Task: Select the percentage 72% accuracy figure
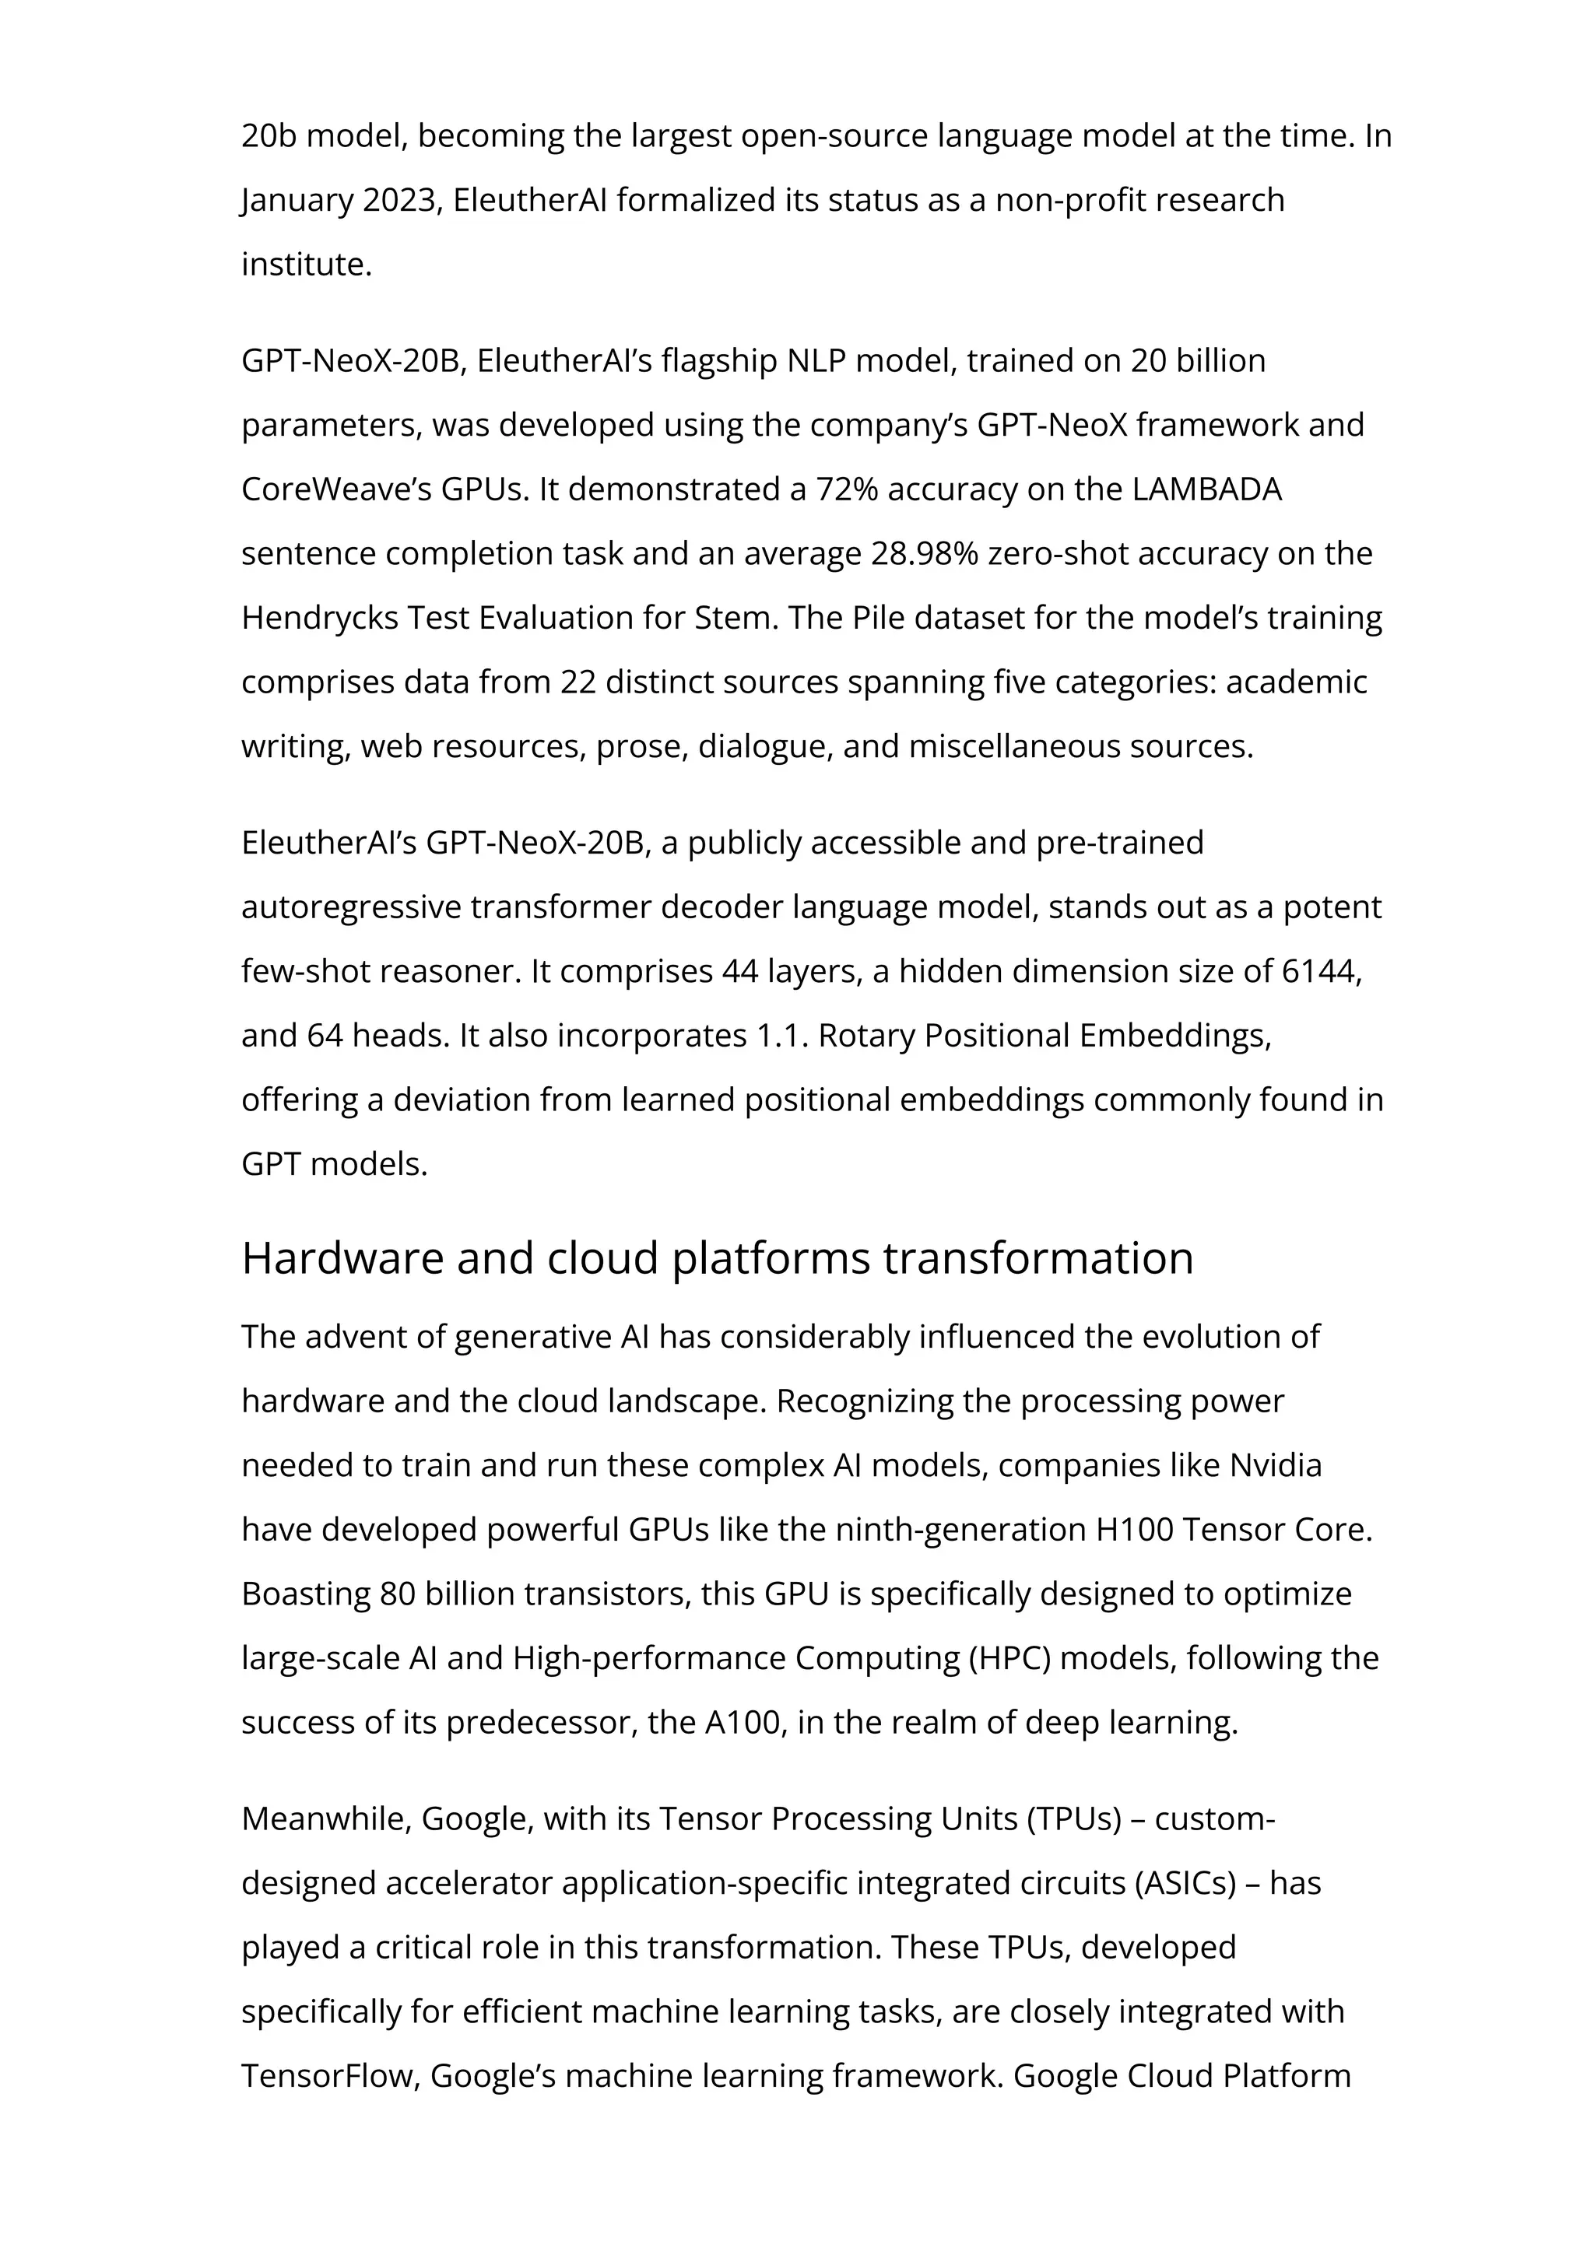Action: tap(847, 489)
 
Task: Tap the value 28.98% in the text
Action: tap(924, 554)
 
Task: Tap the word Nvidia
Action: tap(1275, 1465)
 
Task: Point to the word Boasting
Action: tap(305, 1594)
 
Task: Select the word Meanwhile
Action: tap(326, 1819)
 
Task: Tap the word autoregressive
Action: tap(350, 907)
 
